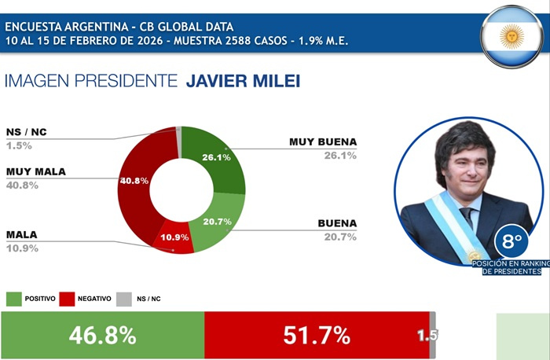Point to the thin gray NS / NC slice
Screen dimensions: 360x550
point(179,131)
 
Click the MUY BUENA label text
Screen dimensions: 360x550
point(323,142)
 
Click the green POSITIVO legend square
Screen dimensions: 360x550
point(14,299)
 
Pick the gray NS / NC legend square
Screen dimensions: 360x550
point(123,299)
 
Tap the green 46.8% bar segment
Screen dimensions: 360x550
point(102,336)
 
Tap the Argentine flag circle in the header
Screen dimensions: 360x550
point(513,35)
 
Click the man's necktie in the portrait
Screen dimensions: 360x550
point(467,219)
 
